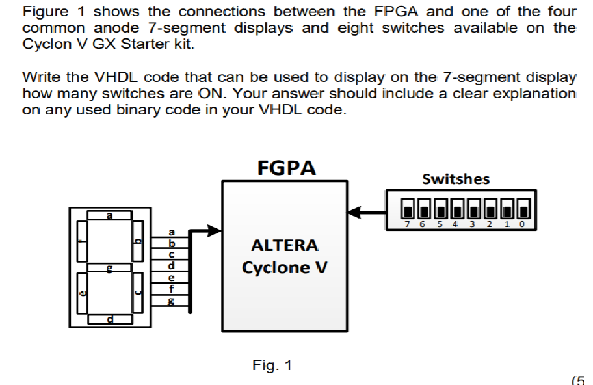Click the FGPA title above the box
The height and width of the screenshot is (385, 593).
click(x=286, y=168)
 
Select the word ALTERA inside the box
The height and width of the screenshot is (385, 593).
click(x=285, y=246)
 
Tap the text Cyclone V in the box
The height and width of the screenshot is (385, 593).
click(x=285, y=267)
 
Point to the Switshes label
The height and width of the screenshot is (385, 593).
click(x=456, y=179)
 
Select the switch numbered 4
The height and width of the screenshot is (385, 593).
click(x=457, y=209)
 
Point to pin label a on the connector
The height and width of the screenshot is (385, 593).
click(x=172, y=232)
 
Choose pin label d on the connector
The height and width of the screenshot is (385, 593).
click(x=172, y=265)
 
